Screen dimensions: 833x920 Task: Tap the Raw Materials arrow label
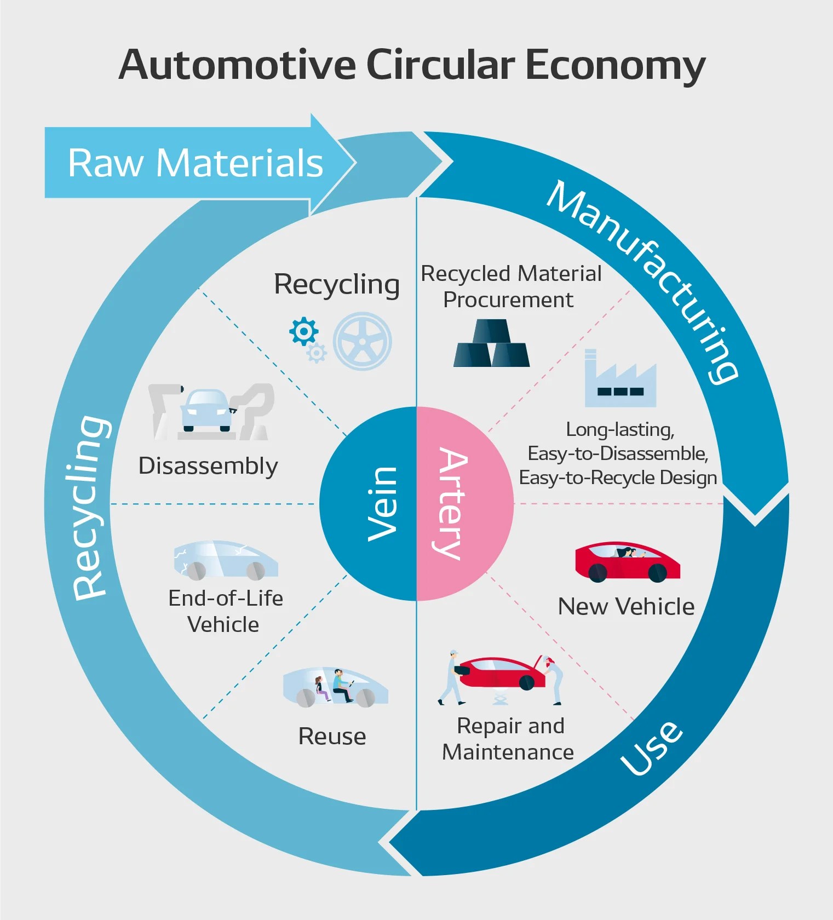(x=196, y=163)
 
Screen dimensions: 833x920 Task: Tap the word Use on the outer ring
(x=652, y=748)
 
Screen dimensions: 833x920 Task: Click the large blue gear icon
(x=303, y=331)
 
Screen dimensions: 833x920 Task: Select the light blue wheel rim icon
(x=363, y=341)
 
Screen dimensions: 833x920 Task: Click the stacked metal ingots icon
(x=491, y=343)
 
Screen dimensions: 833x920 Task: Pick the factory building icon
(x=620, y=380)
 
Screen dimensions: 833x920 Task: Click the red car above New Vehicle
(x=627, y=562)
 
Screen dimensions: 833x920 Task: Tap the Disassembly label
(x=208, y=466)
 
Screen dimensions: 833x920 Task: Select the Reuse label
(x=332, y=737)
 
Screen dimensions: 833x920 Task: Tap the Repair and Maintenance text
(x=508, y=739)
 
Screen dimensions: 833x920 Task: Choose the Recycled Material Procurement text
(x=510, y=286)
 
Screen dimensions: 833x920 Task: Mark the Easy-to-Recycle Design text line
(x=618, y=478)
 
